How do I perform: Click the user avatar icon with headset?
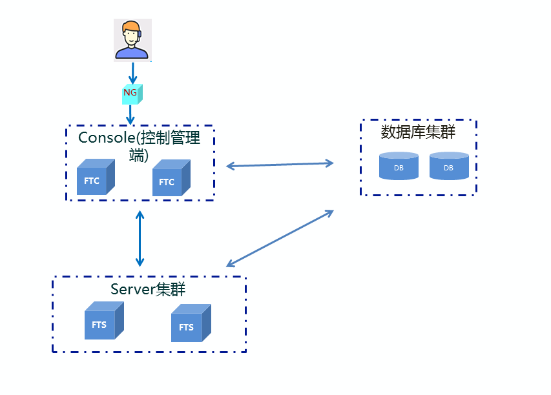point(132,39)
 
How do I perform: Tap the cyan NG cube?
point(131,94)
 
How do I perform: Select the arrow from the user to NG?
point(132,73)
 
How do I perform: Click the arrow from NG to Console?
point(130,114)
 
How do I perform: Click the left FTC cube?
point(95,178)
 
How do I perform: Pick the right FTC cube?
point(171,179)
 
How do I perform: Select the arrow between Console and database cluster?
point(279,165)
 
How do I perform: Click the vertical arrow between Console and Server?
point(140,238)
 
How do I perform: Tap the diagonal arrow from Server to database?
point(279,238)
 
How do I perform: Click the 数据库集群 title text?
point(418,132)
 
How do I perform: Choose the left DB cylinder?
point(399,166)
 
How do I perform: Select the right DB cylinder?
point(449,166)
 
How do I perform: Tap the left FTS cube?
point(103,322)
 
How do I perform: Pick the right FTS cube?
point(190,325)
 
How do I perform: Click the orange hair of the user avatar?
point(131,26)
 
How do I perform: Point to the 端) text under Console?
point(138,155)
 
